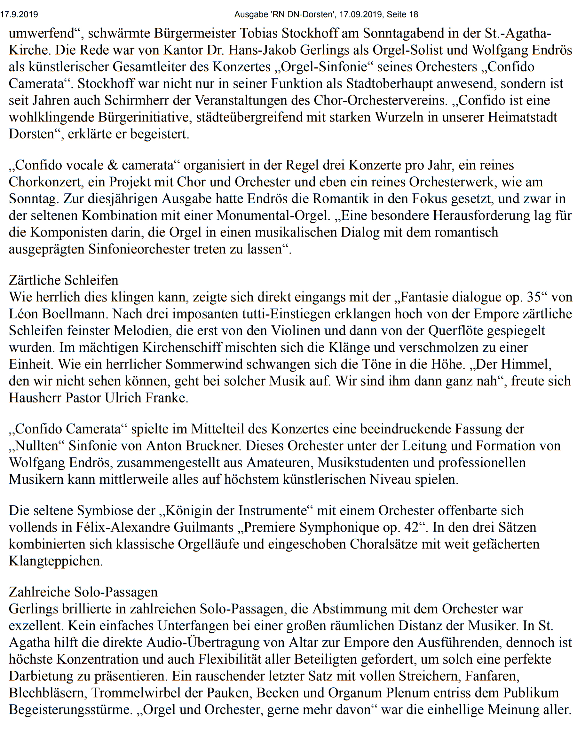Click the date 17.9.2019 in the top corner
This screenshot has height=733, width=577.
19,14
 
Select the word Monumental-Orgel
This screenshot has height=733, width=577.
273,216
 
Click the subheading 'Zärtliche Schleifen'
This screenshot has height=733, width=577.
64,280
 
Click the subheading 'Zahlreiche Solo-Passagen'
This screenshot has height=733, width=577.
83,592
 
